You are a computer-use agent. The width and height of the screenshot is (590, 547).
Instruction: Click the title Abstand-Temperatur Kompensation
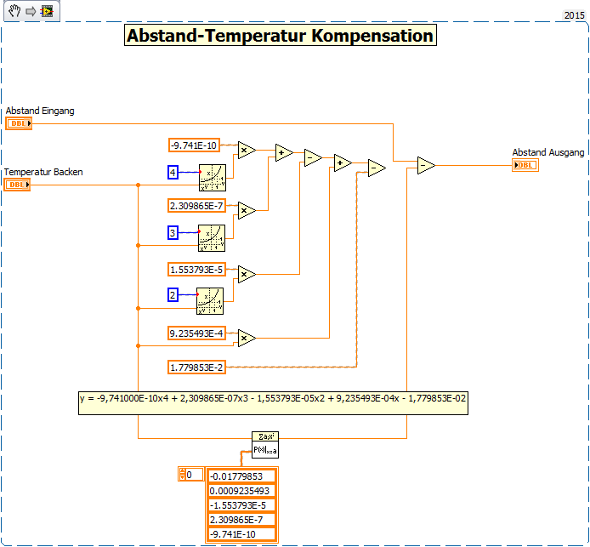[280, 36]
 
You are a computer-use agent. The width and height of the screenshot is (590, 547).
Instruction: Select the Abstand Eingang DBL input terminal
[18, 123]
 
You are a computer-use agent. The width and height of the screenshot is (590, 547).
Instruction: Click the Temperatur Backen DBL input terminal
[17, 185]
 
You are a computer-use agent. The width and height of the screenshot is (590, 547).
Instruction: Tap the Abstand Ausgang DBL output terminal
[525, 164]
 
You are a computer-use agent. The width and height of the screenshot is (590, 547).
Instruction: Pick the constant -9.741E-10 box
[195, 145]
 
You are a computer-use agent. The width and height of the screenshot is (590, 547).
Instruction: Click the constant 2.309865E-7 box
[196, 205]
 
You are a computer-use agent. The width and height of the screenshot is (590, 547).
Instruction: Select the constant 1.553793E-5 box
[196, 270]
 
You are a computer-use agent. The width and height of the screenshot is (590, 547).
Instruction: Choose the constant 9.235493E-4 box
[196, 333]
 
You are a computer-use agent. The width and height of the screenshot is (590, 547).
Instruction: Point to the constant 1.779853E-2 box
[196, 367]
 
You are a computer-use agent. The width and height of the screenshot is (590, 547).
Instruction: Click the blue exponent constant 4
[173, 173]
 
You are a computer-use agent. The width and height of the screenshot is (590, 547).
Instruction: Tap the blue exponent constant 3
[173, 232]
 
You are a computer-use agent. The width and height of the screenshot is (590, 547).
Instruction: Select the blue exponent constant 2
[173, 294]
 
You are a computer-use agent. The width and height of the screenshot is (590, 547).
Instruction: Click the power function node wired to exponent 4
[212, 177]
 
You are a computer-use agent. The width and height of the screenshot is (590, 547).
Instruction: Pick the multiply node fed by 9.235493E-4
[247, 338]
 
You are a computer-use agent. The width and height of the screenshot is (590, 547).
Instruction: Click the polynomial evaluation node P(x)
[265, 444]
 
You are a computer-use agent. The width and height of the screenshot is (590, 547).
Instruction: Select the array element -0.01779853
[241, 476]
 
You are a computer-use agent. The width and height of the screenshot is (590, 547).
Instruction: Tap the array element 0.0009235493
[241, 491]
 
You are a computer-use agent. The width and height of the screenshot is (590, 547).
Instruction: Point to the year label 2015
[575, 15]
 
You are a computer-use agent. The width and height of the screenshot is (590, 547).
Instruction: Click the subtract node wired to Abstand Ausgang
[426, 166]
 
